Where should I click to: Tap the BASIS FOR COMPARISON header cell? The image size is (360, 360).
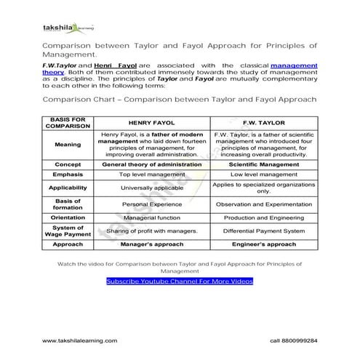click(67, 123)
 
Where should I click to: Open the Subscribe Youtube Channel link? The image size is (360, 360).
click(179, 281)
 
